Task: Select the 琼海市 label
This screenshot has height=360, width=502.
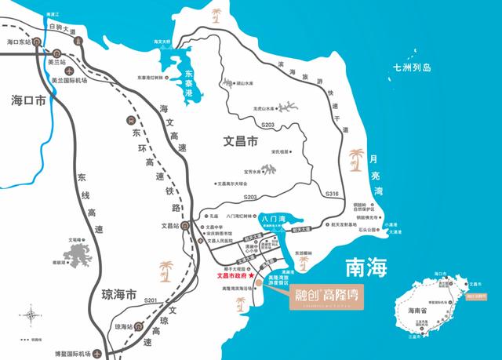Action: click(119, 295)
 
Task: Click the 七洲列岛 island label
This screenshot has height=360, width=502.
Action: click(413, 68)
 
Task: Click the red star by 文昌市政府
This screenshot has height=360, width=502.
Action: click(252, 277)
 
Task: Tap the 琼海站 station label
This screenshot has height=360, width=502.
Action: click(124, 326)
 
